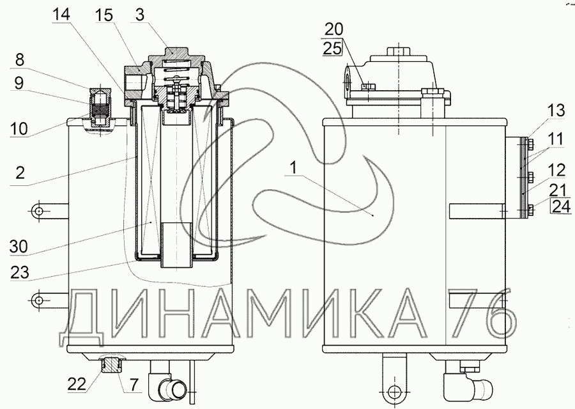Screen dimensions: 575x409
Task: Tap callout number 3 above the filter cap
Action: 139,15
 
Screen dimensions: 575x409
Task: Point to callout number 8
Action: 20,59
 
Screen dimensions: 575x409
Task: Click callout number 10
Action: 19,128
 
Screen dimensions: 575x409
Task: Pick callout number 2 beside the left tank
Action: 20,172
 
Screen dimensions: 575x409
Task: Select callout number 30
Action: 19,247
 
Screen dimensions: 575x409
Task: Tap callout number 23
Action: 20,272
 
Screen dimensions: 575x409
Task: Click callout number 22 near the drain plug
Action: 77,384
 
